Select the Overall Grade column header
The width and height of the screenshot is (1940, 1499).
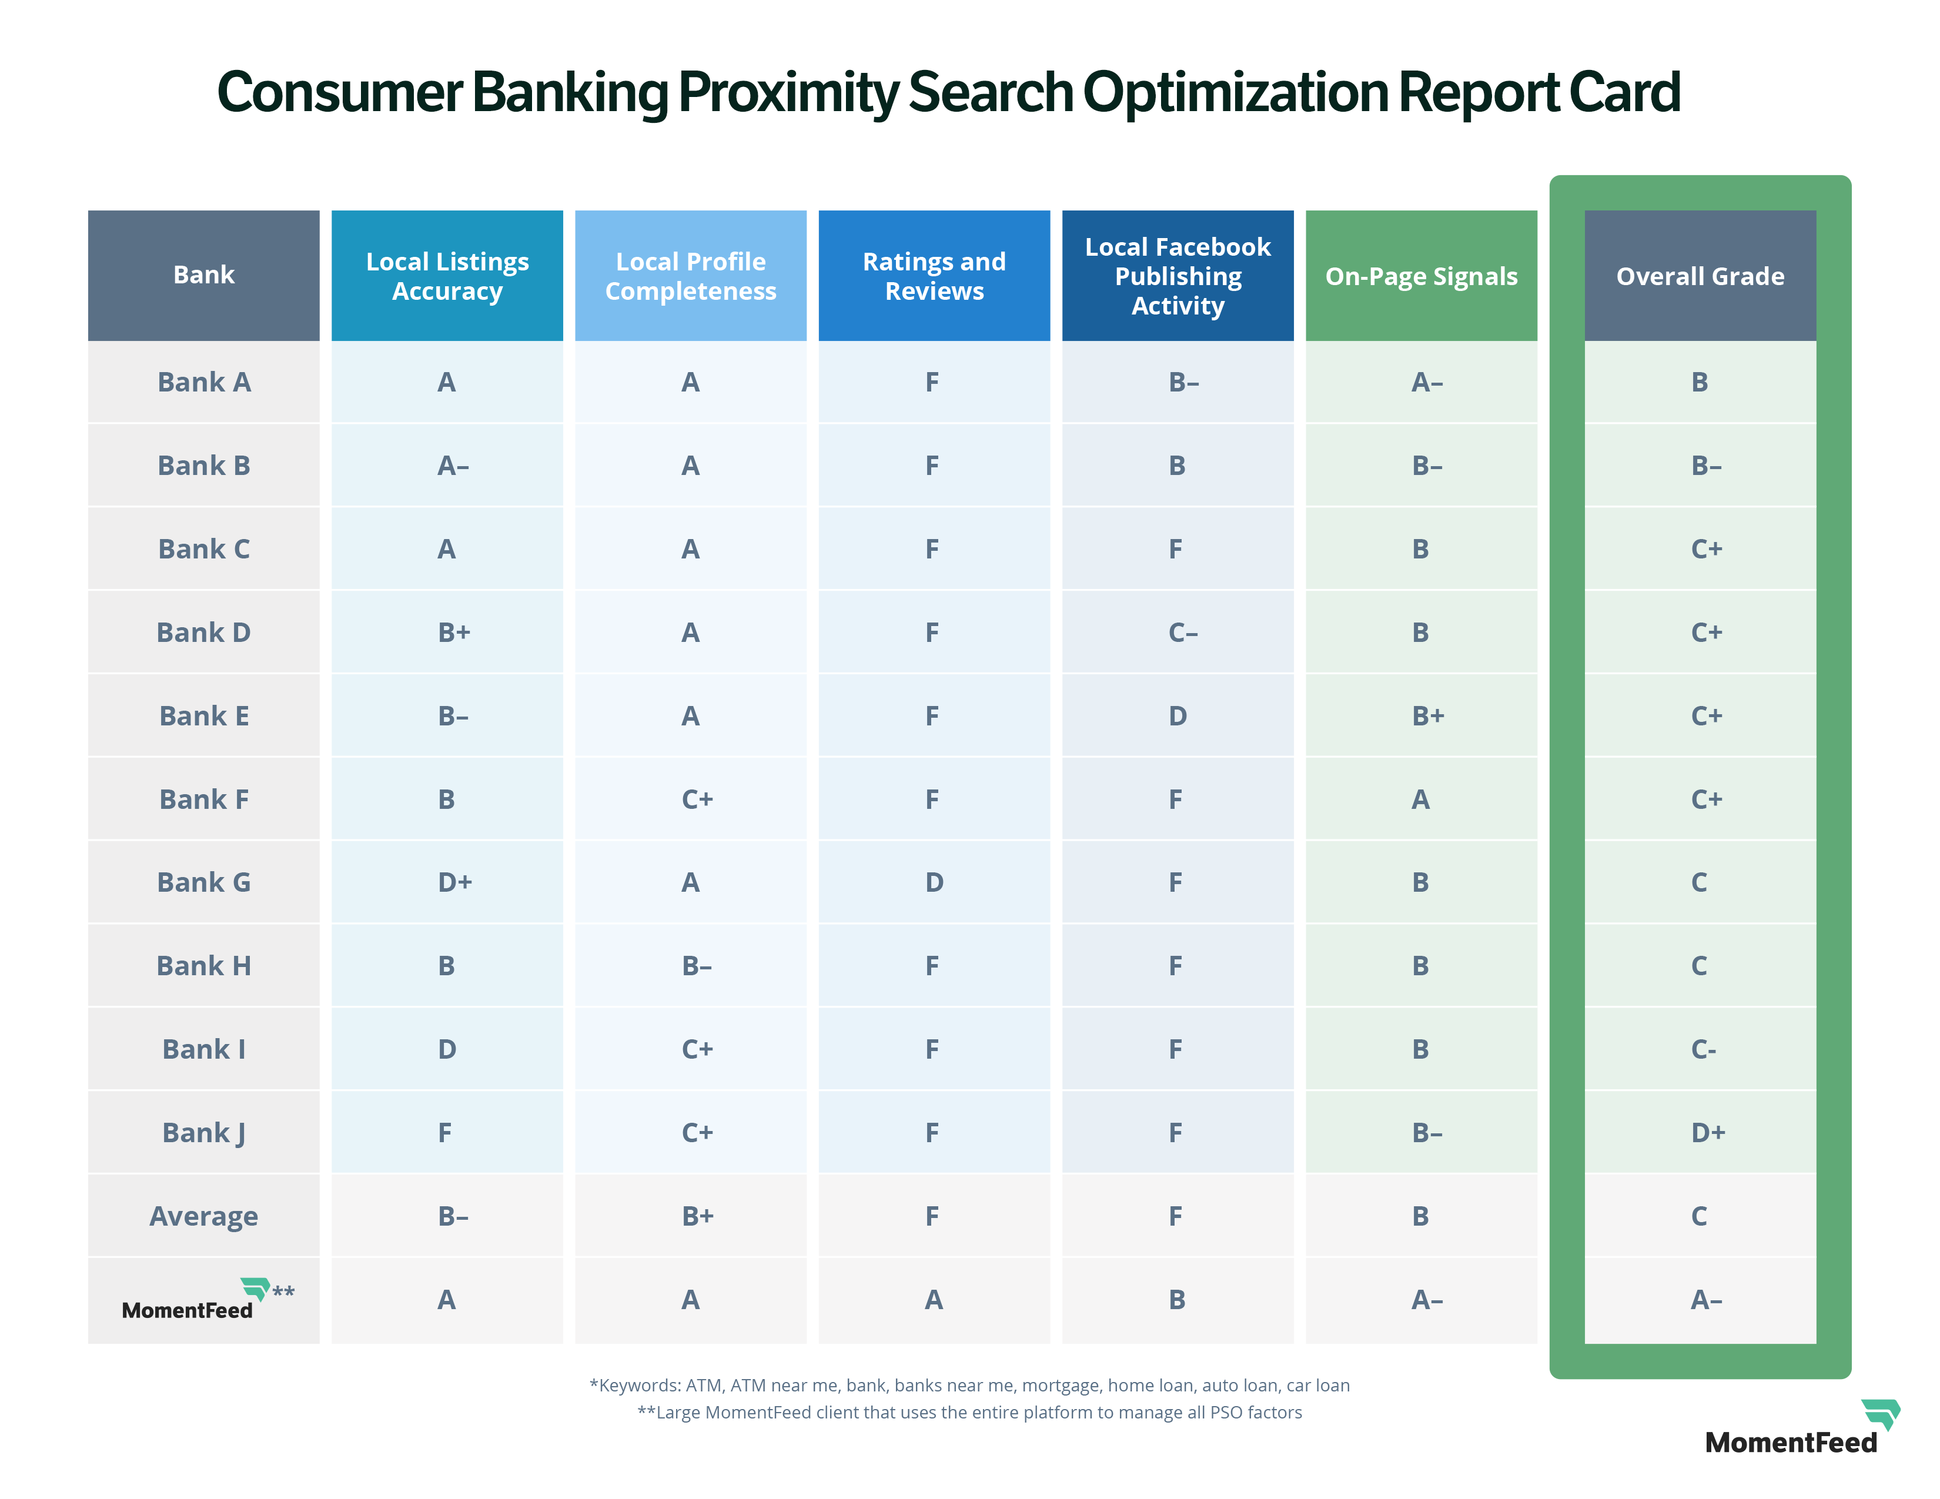point(1700,276)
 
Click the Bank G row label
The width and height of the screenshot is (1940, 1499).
point(203,882)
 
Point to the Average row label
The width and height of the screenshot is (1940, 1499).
point(203,1216)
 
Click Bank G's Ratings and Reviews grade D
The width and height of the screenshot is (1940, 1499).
point(934,882)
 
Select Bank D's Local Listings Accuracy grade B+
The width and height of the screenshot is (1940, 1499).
point(454,633)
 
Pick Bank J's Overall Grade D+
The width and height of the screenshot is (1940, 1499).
point(1707,1132)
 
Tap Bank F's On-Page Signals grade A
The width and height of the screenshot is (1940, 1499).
point(1420,799)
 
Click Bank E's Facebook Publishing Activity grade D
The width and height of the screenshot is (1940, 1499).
point(1177,716)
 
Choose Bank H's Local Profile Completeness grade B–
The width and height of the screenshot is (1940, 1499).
point(697,965)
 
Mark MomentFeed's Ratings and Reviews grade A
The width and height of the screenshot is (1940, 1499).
point(934,1299)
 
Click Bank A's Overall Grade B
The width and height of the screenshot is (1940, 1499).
point(1700,382)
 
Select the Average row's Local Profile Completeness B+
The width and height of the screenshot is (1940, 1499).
point(697,1216)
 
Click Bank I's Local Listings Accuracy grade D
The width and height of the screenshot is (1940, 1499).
point(447,1049)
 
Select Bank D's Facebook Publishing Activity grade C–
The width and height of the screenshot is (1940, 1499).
point(1182,633)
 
